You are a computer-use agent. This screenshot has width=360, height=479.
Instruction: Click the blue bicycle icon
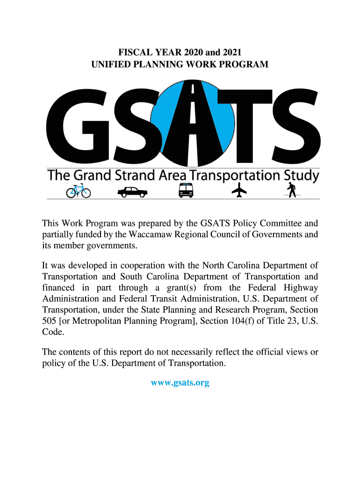[78, 191]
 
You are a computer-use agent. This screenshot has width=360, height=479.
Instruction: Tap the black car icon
[132, 191]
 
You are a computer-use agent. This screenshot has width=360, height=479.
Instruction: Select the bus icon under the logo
[186, 190]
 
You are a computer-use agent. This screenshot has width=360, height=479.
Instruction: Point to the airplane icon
[239, 190]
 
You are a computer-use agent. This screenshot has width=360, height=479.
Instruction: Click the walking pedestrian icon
[292, 190]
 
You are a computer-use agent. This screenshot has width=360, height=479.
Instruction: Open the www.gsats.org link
[180, 383]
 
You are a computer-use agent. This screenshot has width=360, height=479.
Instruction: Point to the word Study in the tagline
[302, 176]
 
